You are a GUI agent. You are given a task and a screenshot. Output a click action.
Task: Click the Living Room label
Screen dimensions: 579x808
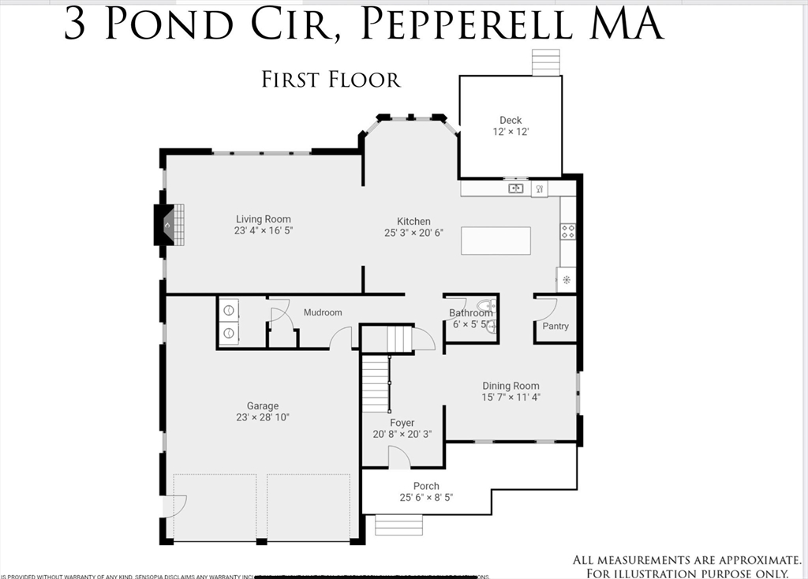point(263,219)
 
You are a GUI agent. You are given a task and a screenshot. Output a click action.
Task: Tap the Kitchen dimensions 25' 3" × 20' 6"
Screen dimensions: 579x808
point(413,233)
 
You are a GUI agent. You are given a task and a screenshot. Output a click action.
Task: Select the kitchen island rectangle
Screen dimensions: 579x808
point(496,241)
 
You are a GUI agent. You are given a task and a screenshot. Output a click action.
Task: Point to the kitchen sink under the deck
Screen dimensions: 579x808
point(515,189)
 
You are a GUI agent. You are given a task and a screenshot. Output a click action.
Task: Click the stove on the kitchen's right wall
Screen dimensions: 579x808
point(567,231)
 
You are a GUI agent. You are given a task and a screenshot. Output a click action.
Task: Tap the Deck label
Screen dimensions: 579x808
point(511,120)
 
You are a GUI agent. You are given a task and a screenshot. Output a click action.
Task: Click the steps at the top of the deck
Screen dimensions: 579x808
point(544,62)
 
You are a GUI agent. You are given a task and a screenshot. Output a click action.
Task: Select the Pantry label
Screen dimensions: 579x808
point(555,326)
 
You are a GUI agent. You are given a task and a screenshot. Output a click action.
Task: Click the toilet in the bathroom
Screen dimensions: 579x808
point(486,307)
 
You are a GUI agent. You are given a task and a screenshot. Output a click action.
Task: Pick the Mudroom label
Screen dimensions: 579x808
point(323,312)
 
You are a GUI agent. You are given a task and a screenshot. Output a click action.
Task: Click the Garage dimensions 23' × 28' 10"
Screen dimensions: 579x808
point(263,418)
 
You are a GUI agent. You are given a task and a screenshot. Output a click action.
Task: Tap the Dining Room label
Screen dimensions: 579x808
point(511,386)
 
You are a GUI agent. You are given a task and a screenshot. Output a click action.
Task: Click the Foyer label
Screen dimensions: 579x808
point(402,423)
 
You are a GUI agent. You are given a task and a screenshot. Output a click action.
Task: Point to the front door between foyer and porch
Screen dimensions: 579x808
point(398,458)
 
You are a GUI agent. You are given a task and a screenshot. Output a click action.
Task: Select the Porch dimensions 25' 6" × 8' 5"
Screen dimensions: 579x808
point(426,498)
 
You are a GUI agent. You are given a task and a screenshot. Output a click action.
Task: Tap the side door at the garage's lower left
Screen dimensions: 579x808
point(173,506)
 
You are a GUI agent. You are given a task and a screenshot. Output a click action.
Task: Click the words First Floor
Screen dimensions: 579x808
point(331,80)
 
